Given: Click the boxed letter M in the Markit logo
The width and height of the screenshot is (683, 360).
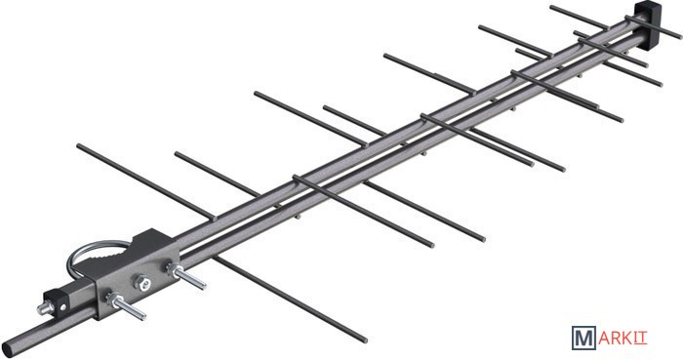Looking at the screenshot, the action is click(x=583, y=338).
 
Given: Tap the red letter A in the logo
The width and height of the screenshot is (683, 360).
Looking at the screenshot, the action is click(x=604, y=339).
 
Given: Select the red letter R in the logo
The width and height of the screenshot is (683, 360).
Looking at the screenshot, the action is click(x=616, y=339).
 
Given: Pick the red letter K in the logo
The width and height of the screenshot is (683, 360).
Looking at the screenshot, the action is click(x=627, y=339).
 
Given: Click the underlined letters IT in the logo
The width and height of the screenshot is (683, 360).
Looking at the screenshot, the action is click(x=640, y=339).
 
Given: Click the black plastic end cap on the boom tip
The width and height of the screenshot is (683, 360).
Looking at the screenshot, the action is click(x=646, y=21).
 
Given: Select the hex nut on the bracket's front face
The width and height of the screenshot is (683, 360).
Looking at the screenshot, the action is click(x=141, y=282).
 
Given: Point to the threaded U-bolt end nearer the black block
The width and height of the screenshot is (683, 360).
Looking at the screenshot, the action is click(x=126, y=306).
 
